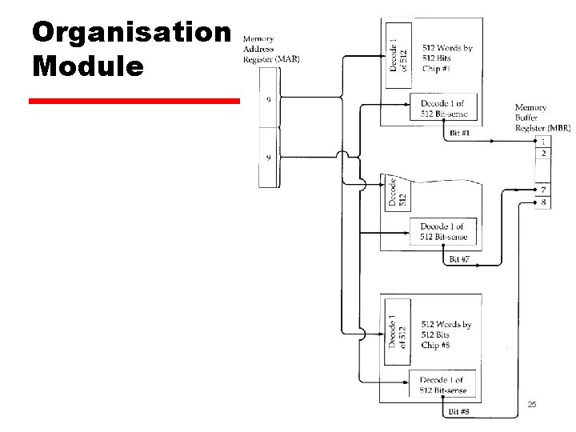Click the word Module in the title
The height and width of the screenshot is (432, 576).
click(x=89, y=65)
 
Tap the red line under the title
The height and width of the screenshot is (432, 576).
click(x=134, y=102)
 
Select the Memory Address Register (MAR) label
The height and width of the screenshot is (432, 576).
click(x=270, y=50)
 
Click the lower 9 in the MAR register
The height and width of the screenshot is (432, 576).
click(x=268, y=158)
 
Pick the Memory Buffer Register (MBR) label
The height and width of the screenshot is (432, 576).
click(x=542, y=118)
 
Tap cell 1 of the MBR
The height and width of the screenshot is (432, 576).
click(x=544, y=142)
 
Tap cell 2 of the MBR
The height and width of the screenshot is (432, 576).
click(x=544, y=153)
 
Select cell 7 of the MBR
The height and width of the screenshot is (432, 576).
click(x=544, y=190)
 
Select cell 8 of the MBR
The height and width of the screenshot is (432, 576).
click(x=544, y=202)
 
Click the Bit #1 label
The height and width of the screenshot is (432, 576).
click(x=460, y=132)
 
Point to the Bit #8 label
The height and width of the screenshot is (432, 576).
click(x=458, y=412)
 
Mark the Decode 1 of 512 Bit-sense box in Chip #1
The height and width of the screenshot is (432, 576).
click(x=442, y=109)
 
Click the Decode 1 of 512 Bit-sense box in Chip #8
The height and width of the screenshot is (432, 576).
click(x=442, y=384)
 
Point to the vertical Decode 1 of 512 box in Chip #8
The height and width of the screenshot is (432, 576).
click(x=398, y=330)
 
